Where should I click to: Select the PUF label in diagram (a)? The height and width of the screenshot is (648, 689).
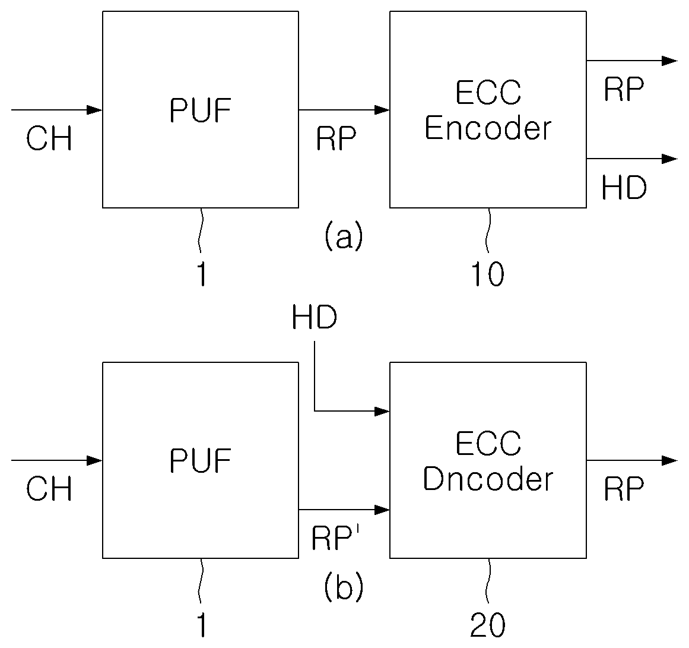(x=201, y=110)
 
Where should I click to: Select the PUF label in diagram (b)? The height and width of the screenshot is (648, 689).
(x=201, y=460)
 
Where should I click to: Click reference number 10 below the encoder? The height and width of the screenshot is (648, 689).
(x=487, y=274)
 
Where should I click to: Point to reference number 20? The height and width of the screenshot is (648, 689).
(x=487, y=625)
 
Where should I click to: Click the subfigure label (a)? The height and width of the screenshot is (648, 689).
(x=344, y=236)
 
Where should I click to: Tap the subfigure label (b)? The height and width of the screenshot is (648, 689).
(x=344, y=587)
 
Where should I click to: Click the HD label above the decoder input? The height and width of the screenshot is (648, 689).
(x=315, y=317)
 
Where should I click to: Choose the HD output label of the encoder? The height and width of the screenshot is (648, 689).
(x=624, y=188)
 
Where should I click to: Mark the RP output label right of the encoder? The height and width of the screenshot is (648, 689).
(x=624, y=89)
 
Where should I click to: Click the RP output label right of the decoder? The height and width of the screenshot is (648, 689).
(x=624, y=488)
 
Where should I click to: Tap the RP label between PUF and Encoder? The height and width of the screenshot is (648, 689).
(x=336, y=138)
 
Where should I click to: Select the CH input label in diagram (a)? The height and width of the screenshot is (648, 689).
(x=49, y=138)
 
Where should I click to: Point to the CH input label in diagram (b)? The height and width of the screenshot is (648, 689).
(x=49, y=488)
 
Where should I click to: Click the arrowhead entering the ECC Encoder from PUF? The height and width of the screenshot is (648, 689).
(x=382, y=109)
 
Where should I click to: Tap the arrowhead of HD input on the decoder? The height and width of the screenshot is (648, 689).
(x=382, y=412)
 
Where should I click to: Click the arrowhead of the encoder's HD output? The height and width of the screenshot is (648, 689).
(x=669, y=159)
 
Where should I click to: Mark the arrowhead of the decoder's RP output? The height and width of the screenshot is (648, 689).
(x=669, y=460)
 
